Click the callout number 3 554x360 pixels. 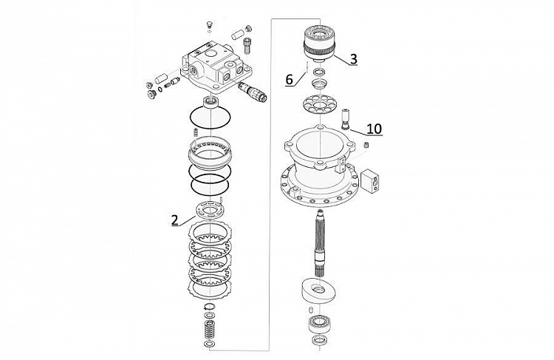pos(354,58)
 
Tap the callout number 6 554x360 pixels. pos(289,80)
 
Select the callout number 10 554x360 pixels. pos(375,129)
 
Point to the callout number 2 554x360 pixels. pos(175,220)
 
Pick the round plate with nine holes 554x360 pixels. pos(319,104)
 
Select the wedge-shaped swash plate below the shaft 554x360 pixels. pos(318,290)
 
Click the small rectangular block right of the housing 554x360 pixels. pos(369,180)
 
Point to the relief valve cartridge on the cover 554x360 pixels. pos(253,92)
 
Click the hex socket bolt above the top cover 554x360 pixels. pos(247,46)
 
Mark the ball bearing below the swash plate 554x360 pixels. pos(319,323)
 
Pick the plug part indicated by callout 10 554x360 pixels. pos(345,120)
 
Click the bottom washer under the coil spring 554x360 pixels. pos(209,344)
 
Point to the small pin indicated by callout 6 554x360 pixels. pos(307,67)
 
